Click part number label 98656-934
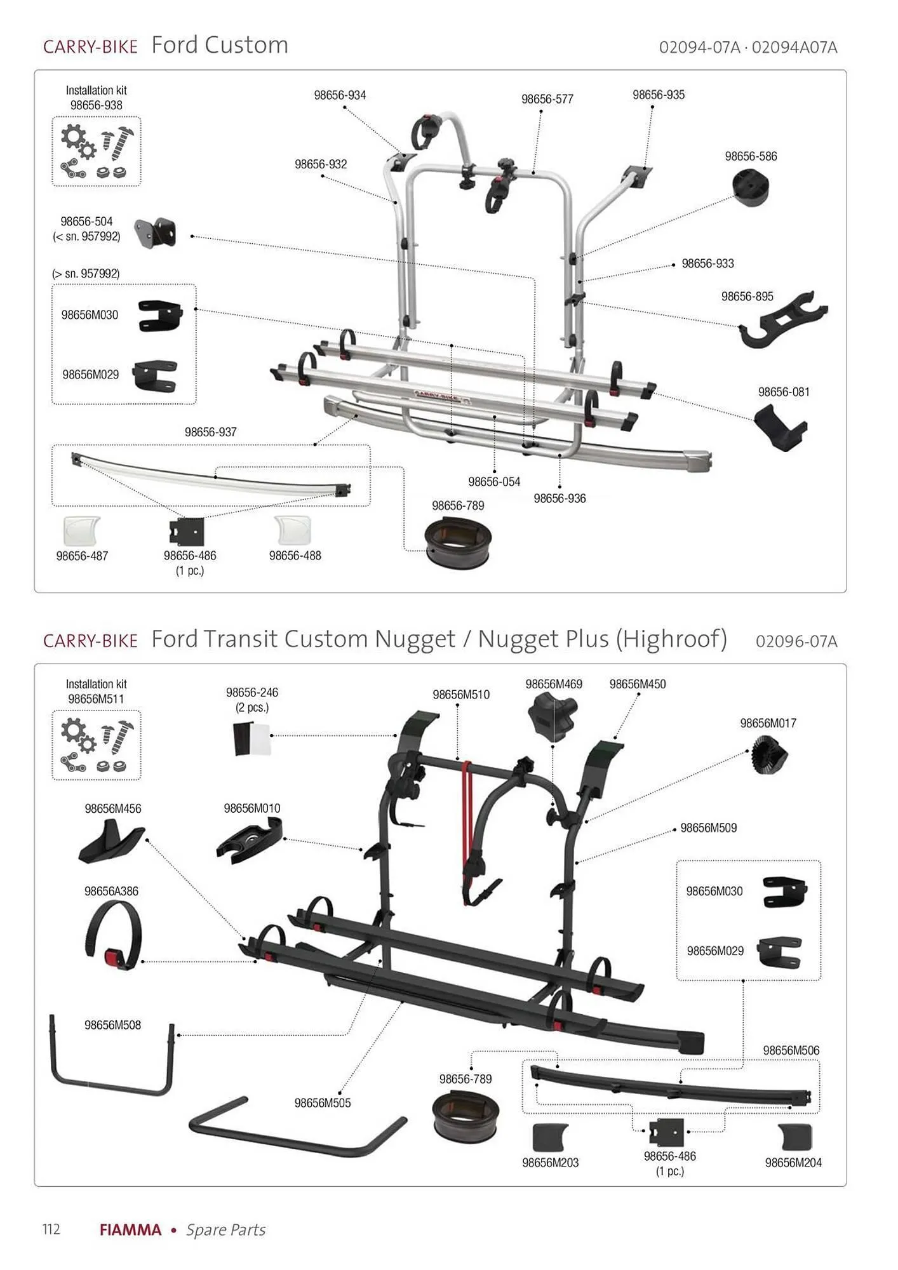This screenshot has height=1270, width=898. (340, 95)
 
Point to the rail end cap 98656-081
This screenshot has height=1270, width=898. (781, 427)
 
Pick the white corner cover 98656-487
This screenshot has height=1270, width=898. (81, 531)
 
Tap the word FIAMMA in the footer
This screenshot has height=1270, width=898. (130, 1230)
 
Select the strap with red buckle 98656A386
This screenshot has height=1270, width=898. (112, 936)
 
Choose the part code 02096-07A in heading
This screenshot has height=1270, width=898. (796, 641)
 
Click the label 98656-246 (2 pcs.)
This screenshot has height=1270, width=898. (252, 700)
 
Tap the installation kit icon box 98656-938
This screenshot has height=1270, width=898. (96, 152)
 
